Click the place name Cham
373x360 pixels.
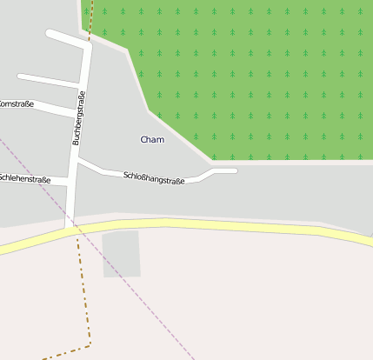tap(152, 139)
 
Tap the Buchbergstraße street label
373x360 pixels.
tap(78, 117)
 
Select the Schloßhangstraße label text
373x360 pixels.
tap(154, 179)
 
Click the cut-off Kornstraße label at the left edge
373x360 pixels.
tap(16, 103)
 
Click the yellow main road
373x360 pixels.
tap(217, 226)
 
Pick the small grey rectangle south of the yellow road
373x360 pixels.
tap(122, 253)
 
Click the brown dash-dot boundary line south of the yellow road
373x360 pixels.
tap(85, 296)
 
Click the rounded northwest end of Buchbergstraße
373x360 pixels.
tap(50, 34)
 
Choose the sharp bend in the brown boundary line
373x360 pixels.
tap(90, 345)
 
